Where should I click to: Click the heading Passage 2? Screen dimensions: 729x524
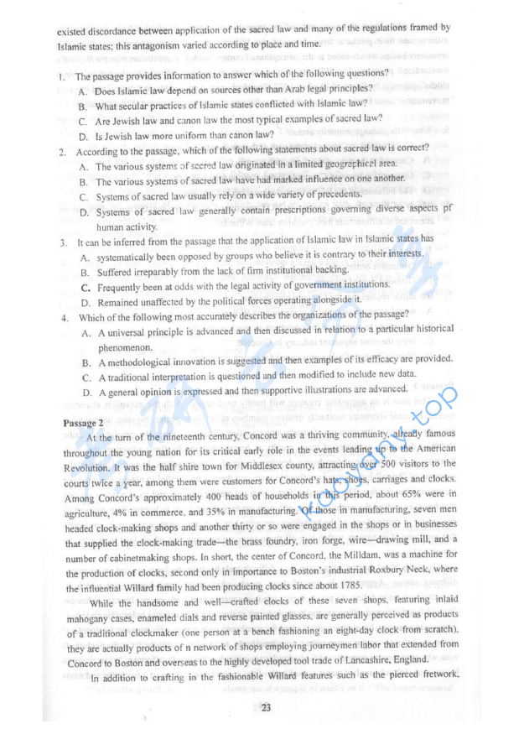click(x=83, y=424)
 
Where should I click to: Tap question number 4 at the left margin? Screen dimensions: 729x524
click(x=65, y=318)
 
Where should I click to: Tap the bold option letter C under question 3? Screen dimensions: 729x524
click(x=86, y=287)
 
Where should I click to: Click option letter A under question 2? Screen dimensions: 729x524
click(x=86, y=166)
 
